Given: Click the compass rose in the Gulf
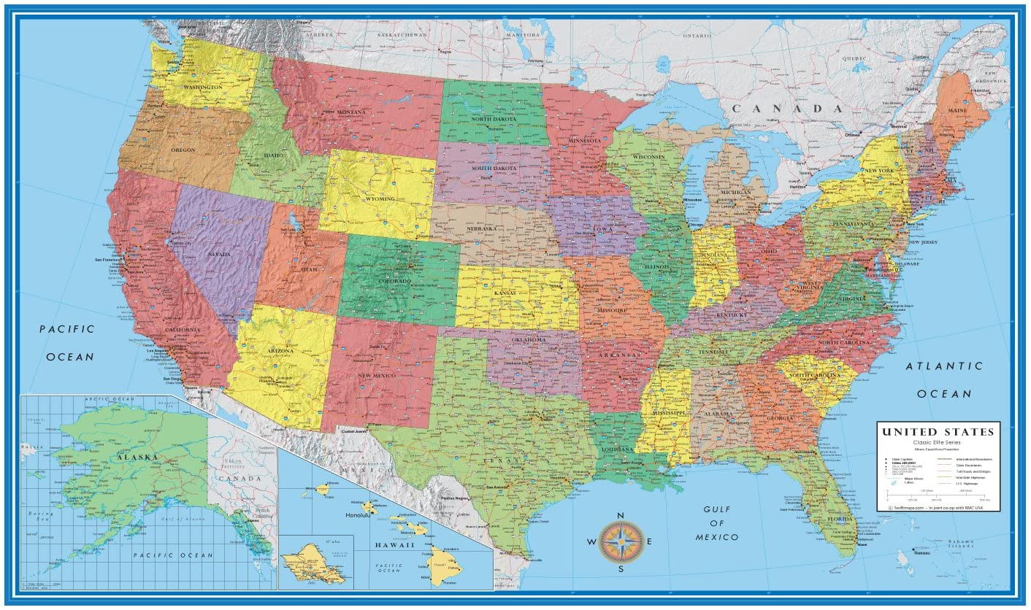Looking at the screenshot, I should tap(621, 541).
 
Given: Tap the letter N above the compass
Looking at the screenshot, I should tap(621, 516).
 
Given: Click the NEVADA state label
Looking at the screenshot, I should tap(218, 254).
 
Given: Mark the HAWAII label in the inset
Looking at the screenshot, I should tap(395, 545).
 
